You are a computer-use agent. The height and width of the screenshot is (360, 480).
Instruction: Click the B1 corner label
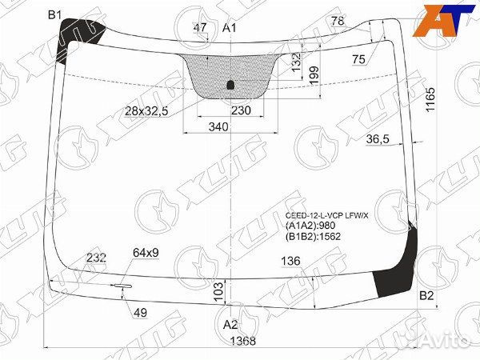click(x=54, y=14)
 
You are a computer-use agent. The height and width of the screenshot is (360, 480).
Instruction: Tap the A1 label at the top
click(x=230, y=29)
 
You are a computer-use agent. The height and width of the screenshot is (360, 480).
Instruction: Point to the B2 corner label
click(x=427, y=297)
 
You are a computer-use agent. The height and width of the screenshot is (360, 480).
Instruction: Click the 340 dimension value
click(x=218, y=126)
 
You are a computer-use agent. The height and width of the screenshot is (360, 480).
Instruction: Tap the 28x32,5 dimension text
click(x=146, y=111)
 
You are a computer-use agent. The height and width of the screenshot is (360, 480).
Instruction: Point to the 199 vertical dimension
click(x=314, y=75)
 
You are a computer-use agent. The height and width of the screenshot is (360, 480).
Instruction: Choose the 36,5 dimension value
click(x=377, y=139)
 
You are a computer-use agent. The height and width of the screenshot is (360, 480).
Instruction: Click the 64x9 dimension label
click(x=146, y=253)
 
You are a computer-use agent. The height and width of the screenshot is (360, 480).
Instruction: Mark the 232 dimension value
click(x=97, y=257)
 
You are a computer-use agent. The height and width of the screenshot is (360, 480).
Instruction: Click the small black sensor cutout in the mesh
click(x=230, y=84)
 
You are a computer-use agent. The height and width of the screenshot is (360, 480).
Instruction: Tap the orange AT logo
click(x=440, y=20)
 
